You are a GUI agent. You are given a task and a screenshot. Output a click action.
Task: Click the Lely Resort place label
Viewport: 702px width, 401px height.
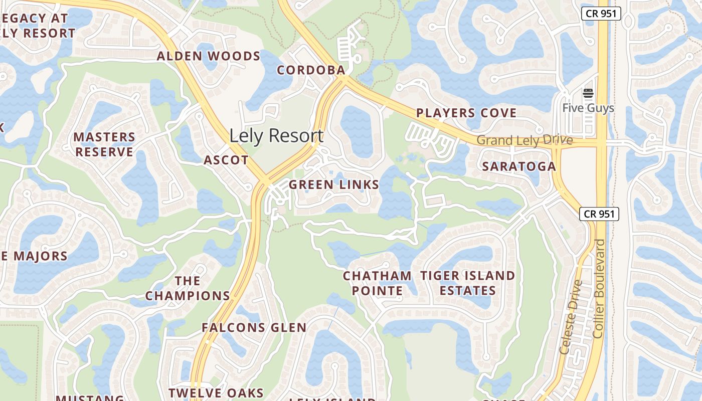[x=276, y=136]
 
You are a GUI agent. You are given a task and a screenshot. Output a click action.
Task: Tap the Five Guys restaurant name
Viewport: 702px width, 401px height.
[x=588, y=108]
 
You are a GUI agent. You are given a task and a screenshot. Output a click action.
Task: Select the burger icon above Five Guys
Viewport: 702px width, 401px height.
[x=588, y=93]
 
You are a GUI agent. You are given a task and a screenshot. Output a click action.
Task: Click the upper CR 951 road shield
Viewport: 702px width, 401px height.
[x=601, y=14]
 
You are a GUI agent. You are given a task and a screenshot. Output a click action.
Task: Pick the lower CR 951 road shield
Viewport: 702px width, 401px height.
[x=599, y=214]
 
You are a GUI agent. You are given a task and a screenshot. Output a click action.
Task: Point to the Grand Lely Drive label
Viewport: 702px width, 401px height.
[x=524, y=140]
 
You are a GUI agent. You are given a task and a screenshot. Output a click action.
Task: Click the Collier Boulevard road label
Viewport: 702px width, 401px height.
[x=600, y=288]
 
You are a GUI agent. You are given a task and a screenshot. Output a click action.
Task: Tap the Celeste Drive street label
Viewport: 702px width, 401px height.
[x=572, y=317]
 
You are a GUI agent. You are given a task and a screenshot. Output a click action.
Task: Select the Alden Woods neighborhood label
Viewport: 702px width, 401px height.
[x=209, y=56]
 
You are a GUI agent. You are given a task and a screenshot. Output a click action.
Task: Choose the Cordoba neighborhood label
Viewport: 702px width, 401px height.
[x=311, y=70]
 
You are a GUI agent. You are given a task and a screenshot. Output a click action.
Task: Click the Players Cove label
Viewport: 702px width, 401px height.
[x=466, y=113]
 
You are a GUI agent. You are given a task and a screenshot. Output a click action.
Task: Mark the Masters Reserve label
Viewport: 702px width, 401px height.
[x=104, y=144]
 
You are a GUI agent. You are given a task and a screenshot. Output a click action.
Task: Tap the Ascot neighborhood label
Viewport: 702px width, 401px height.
[x=226, y=160]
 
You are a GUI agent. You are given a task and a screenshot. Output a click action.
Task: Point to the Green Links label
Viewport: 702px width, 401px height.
[x=334, y=185]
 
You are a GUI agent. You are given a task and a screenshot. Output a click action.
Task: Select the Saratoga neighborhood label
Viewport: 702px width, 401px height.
[x=519, y=166]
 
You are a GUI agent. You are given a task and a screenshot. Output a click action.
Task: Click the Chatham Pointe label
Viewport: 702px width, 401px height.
[x=377, y=283]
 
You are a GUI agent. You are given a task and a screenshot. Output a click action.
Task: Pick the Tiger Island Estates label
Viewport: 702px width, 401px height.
[x=468, y=283]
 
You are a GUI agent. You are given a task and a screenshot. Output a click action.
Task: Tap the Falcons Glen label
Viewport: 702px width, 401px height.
[x=254, y=328]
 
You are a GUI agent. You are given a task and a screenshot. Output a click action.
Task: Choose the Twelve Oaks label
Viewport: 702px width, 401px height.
[x=216, y=393]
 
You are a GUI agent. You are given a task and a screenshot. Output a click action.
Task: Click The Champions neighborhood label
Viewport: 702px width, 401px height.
[x=188, y=288]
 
